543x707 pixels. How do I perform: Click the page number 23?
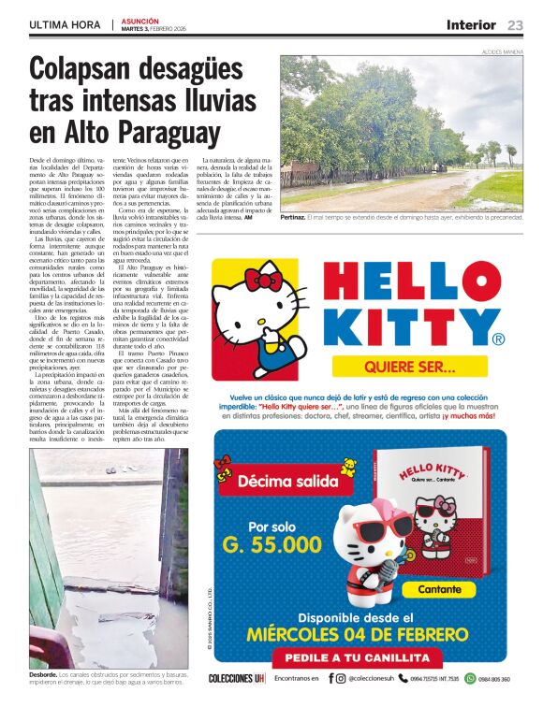click(516, 25)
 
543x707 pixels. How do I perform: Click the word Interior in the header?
click(471, 25)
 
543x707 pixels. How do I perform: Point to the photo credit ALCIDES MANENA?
click(502, 50)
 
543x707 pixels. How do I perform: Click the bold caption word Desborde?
click(45, 673)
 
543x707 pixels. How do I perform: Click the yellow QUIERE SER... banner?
click(410, 366)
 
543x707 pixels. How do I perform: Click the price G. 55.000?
click(272, 543)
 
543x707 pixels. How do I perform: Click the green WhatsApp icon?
click(470, 678)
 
